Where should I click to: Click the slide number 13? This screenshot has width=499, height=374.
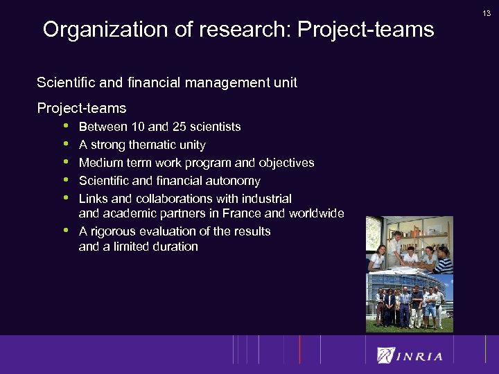[487, 12]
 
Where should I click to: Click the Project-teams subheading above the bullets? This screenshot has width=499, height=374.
[81, 108]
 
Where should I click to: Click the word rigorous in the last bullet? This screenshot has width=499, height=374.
[117, 231]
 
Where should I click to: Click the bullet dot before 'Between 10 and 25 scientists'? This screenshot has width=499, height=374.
[66, 127]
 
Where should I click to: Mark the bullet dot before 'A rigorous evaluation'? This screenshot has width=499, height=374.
[66, 231]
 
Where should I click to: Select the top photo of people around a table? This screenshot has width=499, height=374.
[409, 244]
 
